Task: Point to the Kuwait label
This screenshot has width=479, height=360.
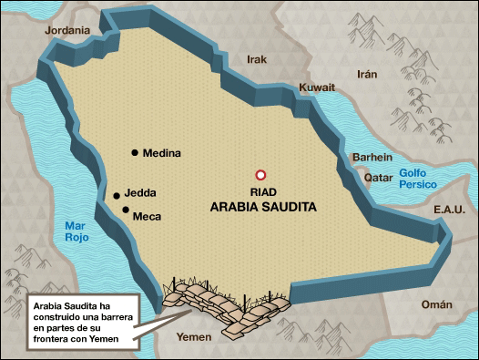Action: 317,87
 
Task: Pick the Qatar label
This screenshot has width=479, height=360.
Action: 379,178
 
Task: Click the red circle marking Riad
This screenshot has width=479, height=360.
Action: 260,174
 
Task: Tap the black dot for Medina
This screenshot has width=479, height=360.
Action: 135,153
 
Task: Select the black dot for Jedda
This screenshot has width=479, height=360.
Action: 117,195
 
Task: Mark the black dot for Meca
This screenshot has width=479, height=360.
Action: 126,211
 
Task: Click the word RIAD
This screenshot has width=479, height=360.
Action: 262,192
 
